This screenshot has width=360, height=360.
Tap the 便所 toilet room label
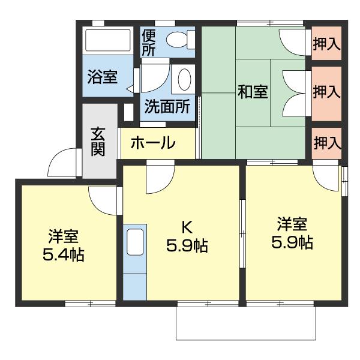point(149,43)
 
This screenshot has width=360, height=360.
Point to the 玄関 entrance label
point(98,141)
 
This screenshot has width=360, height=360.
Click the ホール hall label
point(152,143)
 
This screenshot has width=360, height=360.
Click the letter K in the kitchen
point(187,227)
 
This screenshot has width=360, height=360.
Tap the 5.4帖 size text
point(63,255)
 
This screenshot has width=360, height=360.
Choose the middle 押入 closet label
point(327,92)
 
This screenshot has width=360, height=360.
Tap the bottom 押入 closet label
point(327,143)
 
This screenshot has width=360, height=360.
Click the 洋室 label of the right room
point(292,224)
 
